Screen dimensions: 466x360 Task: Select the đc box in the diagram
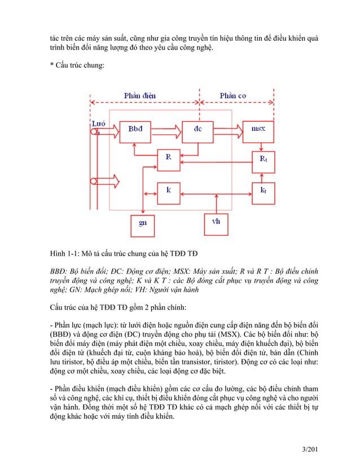198,130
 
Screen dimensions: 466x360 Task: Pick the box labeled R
168,157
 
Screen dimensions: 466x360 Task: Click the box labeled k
168,191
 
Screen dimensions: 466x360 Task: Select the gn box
143,222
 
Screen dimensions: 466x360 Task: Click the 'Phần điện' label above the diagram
140,96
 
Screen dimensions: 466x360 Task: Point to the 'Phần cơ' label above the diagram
233,96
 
